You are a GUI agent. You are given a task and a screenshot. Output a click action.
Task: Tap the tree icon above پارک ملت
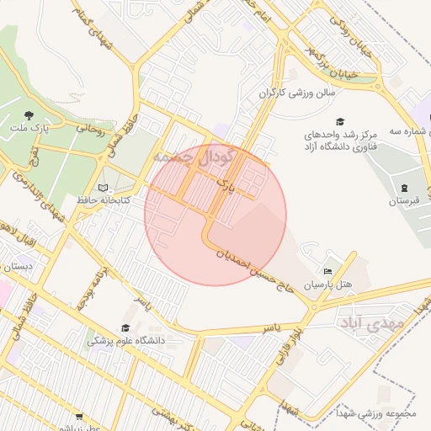(29, 116)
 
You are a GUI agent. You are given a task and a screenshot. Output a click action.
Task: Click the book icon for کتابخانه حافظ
(104, 189)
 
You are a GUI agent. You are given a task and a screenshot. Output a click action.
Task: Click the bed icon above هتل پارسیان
(327, 272)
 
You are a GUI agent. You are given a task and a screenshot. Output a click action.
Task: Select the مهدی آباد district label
(371, 322)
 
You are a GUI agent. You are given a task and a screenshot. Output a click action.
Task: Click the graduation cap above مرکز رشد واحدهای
(340, 121)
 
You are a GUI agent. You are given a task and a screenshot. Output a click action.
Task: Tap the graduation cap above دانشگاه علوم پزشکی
(125, 328)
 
